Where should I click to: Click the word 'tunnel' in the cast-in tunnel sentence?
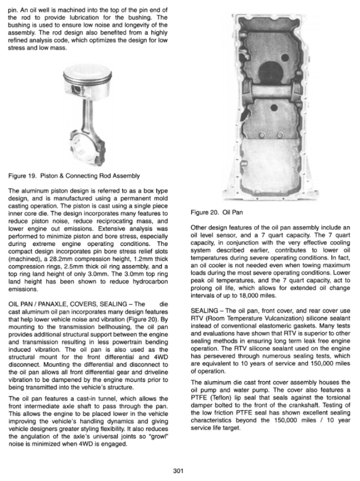(x=104, y=400)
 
